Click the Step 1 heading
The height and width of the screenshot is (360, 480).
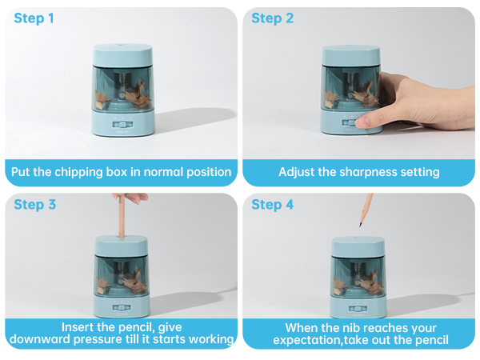coord(34,18)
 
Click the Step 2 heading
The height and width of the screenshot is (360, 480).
coord(272,18)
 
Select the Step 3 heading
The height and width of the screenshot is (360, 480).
coord(35,204)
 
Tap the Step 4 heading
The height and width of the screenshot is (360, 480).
coord(273,204)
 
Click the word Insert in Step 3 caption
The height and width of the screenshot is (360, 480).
coord(80,327)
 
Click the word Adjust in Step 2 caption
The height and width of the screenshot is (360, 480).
coord(298,172)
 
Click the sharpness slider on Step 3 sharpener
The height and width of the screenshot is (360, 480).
coord(122,306)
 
